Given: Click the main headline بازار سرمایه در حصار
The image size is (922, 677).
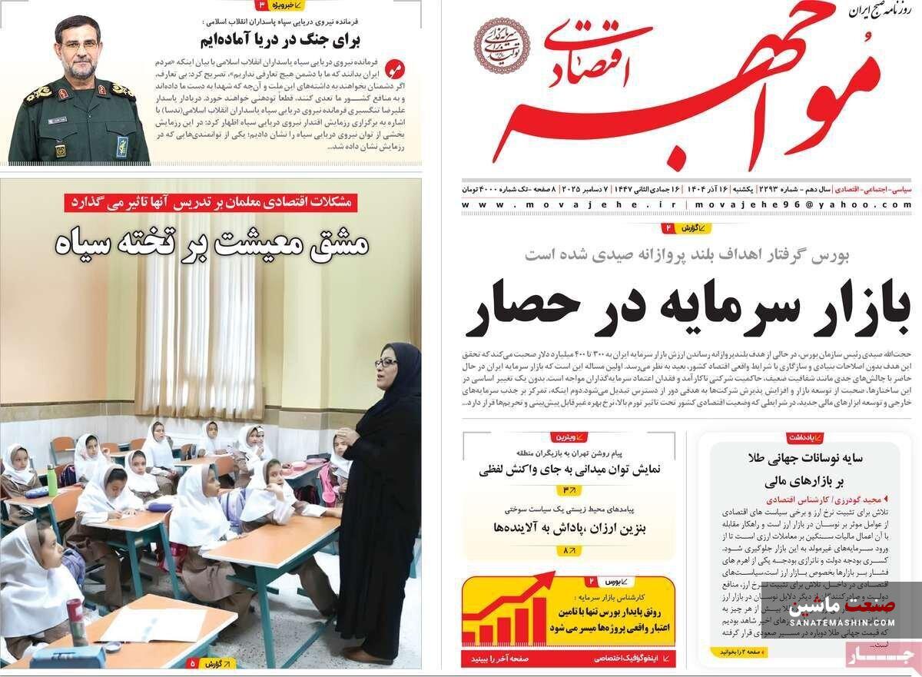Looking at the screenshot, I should click(688, 308).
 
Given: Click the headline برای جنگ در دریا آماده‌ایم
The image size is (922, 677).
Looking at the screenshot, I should click(280, 39).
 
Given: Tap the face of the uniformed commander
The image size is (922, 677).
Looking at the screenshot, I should click(81, 49).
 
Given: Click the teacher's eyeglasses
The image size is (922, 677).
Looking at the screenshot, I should click(386, 362).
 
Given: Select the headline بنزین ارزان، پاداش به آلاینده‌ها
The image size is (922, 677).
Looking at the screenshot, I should click(569, 528).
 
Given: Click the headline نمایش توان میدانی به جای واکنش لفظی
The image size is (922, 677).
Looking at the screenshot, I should click(569, 469).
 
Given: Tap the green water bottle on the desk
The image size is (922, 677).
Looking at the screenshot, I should click(51, 481).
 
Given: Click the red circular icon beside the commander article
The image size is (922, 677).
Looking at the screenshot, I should click(393, 68).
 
